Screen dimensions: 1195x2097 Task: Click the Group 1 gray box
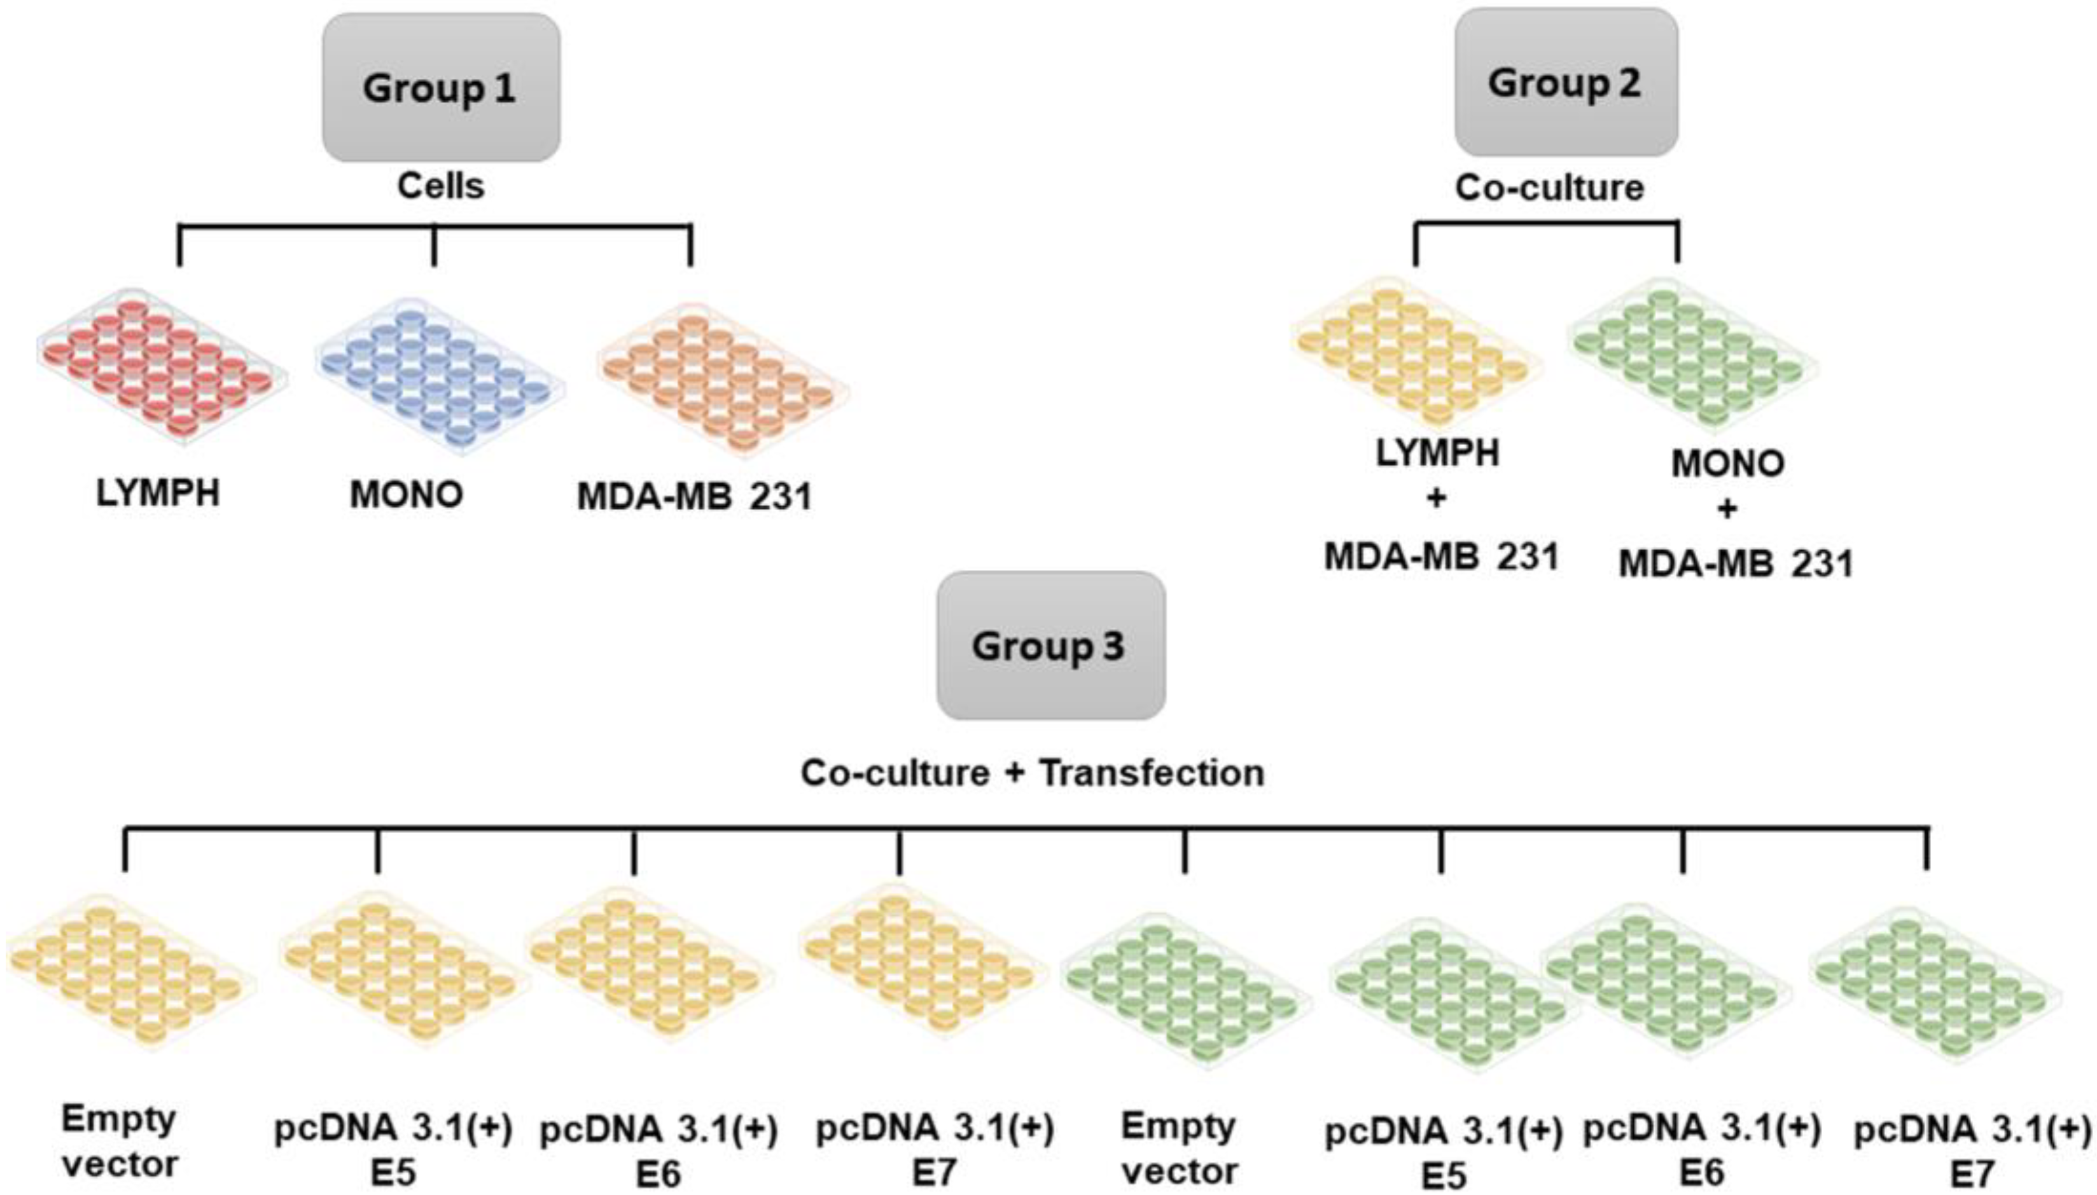(441, 87)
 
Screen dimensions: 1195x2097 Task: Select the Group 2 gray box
(1565, 82)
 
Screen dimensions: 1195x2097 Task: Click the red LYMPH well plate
(161, 367)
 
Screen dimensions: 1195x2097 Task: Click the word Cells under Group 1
(441, 186)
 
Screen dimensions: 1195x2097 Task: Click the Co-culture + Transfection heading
(1032, 773)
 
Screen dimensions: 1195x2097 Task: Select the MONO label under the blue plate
(407, 495)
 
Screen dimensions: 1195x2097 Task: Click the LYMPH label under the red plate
(158, 494)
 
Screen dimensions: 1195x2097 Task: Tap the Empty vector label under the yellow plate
(120, 1142)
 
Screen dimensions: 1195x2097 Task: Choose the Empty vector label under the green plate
(1179, 1148)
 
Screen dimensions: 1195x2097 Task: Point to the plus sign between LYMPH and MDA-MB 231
(1436, 498)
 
